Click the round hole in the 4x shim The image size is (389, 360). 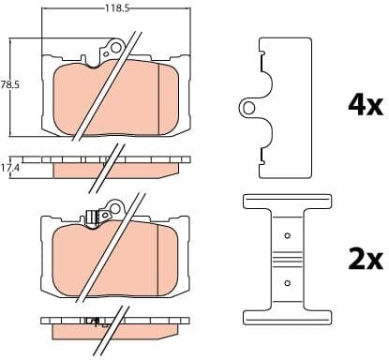250,108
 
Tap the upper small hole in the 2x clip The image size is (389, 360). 287,234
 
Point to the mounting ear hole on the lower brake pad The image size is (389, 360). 116,204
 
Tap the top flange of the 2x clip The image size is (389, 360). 287,202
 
